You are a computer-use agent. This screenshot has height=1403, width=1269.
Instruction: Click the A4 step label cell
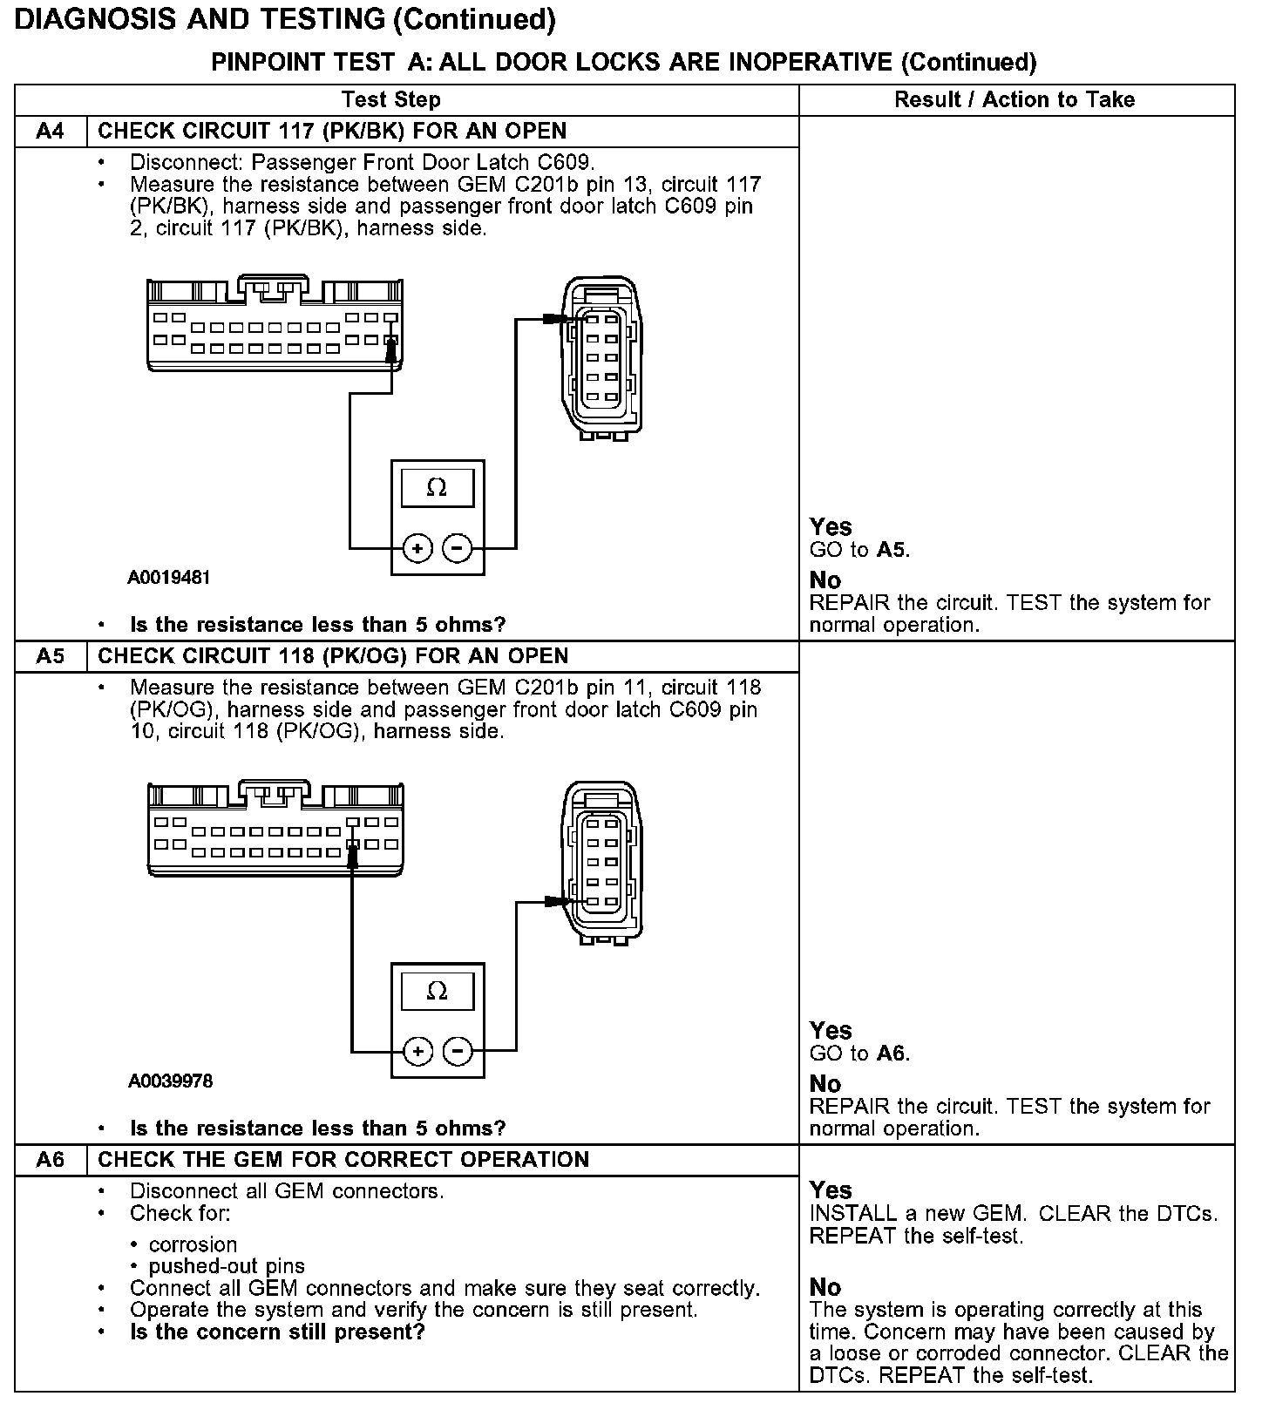pyautogui.click(x=51, y=132)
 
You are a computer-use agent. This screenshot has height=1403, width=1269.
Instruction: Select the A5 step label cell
pyautogui.click(x=51, y=656)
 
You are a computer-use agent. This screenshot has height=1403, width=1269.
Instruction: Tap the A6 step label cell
pyautogui.click(x=51, y=1160)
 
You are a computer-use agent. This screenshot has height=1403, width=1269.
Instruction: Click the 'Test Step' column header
pyautogui.click(x=391, y=100)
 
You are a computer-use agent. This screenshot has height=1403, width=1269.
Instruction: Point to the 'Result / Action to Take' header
pyautogui.click(x=1015, y=100)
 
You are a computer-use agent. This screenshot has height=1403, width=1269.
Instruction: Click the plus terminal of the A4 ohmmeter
pyautogui.click(x=418, y=549)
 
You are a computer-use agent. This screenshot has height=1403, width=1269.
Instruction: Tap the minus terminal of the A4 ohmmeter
pyautogui.click(x=458, y=549)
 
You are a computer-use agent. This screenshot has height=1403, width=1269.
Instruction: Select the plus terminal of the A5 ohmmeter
pyautogui.click(x=418, y=1052)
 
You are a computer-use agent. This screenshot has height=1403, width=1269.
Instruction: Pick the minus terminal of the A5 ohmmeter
pyautogui.click(x=458, y=1052)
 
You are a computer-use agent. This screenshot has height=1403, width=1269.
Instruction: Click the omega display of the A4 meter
pyautogui.click(x=438, y=488)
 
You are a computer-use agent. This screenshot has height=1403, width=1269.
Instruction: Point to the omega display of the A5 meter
pyautogui.click(x=438, y=991)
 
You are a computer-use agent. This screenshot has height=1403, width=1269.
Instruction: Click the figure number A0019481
pyautogui.click(x=169, y=578)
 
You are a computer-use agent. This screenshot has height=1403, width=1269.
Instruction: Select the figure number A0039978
pyautogui.click(x=171, y=1081)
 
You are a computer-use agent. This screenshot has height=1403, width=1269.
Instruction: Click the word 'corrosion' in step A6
pyautogui.click(x=193, y=1244)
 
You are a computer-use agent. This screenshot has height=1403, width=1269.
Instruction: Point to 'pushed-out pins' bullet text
pyautogui.click(x=227, y=1266)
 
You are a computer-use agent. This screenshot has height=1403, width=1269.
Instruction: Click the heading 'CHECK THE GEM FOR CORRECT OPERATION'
pyautogui.click(x=343, y=1160)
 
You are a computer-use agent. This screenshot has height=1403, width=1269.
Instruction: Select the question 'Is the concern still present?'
pyautogui.click(x=277, y=1332)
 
